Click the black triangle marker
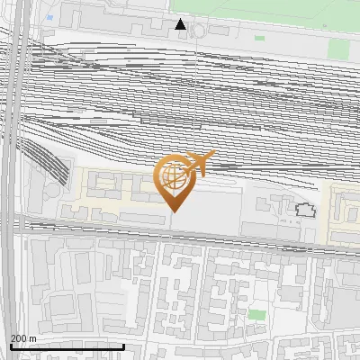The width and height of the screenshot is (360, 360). coord(181,24)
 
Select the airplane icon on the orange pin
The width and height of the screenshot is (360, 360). coord(198,163)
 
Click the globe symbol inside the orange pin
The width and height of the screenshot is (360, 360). coord(173,179)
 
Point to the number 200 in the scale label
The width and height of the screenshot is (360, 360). coord(19,338)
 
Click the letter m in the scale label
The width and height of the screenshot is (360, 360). coord(33,338)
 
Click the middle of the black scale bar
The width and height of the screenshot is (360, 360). coord(67,346)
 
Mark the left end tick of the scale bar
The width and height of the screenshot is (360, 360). coord(11,346)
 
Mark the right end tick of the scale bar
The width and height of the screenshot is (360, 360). coord(124,346)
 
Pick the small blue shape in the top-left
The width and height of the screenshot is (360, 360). coord(49,17)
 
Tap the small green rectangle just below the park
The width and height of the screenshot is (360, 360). coord(260,38)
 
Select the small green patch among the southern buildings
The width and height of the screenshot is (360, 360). coord(257,315)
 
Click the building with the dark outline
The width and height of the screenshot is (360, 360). coord(306,211)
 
